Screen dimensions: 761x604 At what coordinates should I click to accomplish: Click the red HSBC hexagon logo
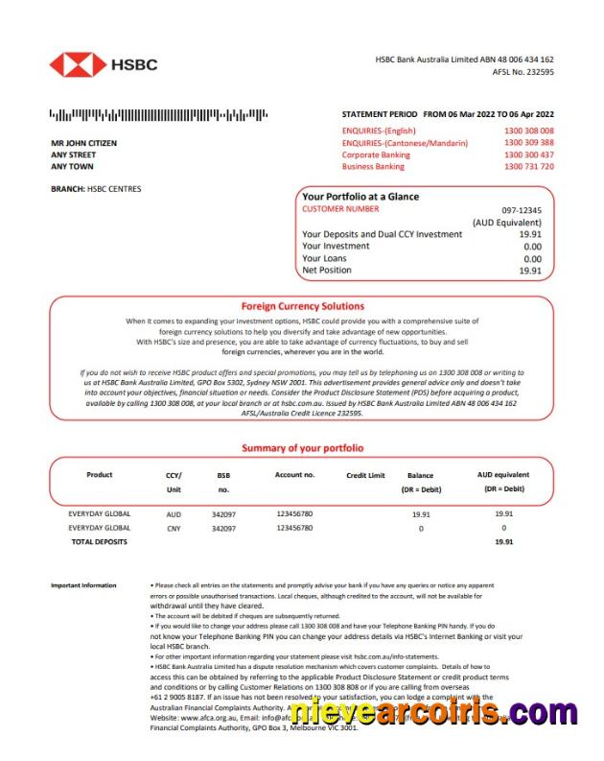(78, 65)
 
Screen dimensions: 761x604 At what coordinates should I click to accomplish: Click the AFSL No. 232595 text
(523, 72)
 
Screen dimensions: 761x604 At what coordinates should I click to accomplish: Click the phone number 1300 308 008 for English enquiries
(528, 131)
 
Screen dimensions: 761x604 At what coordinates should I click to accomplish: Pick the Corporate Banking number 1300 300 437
(528, 155)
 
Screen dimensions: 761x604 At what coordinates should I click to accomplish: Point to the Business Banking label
(373, 166)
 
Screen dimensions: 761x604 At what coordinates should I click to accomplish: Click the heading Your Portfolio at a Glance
(360, 197)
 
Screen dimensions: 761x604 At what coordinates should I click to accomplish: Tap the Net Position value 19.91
(530, 271)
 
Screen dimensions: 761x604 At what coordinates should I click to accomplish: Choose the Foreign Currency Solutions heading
(302, 306)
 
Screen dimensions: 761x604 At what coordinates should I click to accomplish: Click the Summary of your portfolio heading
(302, 448)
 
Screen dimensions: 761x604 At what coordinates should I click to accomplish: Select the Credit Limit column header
(365, 475)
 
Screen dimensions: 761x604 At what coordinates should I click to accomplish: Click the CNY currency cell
(174, 528)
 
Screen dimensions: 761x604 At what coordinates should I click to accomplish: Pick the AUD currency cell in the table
(174, 514)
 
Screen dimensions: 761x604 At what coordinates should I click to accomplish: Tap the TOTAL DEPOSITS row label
(99, 542)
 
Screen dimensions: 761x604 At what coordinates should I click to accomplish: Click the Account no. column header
(294, 475)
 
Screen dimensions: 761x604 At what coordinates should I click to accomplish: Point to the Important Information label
(83, 585)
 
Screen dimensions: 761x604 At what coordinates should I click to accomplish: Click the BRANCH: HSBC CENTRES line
(96, 189)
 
